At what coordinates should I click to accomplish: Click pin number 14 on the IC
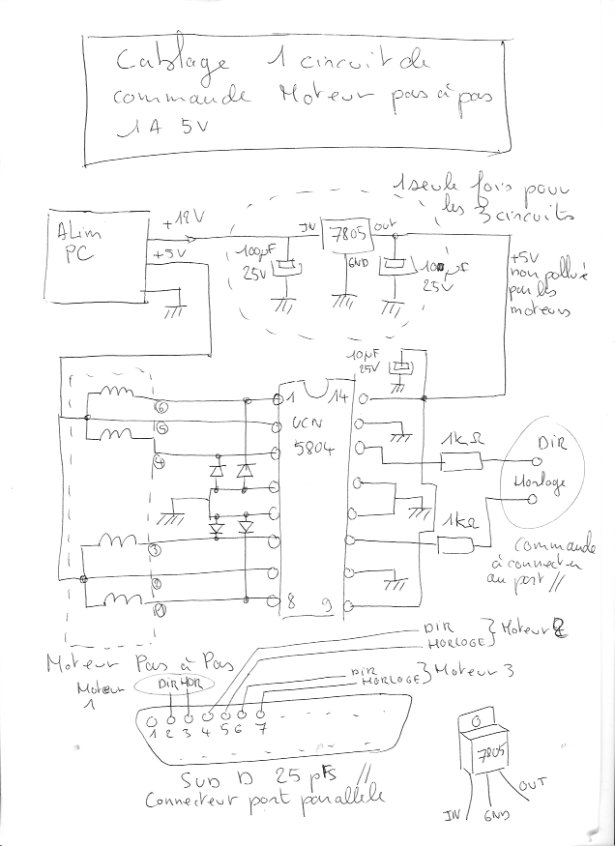click(338, 396)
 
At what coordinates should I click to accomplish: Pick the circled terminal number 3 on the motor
click(156, 550)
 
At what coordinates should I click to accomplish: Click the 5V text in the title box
click(190, 129)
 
